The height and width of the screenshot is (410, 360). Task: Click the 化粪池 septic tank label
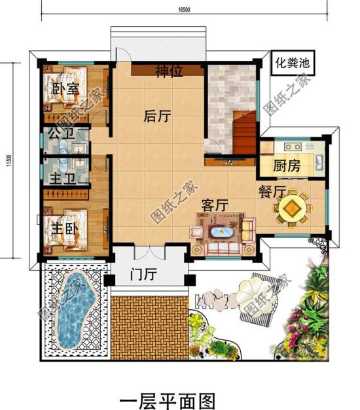click(x=292, y=64)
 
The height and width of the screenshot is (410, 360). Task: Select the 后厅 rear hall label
click(x=157, y=116)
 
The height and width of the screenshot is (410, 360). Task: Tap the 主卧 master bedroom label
click(x=65, y=230)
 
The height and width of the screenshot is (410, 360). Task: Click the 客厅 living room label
click(x=213, y=205)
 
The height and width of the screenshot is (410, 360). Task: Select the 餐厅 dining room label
click(x=271, y=192)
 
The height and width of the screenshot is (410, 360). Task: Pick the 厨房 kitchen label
click(x=287, y=165)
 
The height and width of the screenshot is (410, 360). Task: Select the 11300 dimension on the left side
click(x=10, y=160)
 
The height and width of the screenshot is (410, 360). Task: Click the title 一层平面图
click(x=168, y=398)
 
